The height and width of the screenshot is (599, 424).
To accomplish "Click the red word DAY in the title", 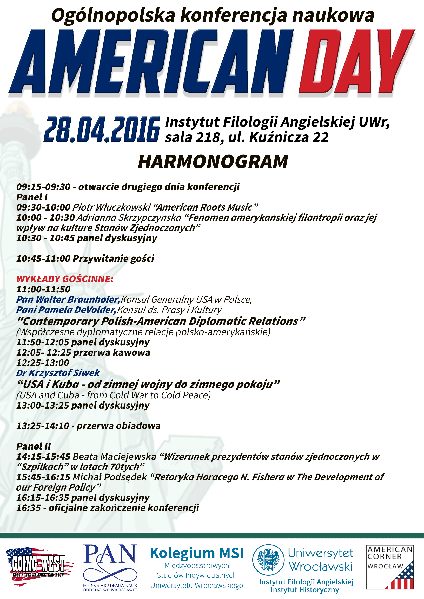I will coord(357,61).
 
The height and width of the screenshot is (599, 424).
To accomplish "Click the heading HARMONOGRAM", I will coord(213,162).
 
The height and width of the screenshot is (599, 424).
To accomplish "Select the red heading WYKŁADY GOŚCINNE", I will coord(65,279).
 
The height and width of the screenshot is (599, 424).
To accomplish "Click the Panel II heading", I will coord(34,446).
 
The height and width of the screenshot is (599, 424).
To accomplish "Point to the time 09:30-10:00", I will coord(43,207).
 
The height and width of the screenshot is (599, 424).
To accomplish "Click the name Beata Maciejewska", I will coord(114,457).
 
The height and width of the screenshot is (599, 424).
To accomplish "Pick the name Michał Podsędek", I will coord(110,477).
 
